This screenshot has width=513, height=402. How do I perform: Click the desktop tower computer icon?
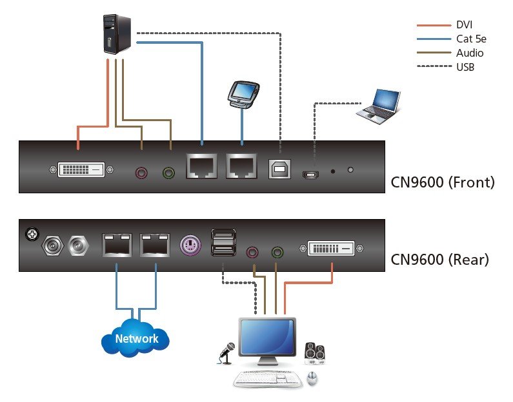tap(117, 35)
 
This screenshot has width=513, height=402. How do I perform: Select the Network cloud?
tap(136, 338)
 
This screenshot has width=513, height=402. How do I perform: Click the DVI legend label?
tap(465, 24)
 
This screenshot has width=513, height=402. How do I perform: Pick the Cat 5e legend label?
tap(470, 39)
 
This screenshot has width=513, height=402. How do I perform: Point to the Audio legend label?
tap(469, 53)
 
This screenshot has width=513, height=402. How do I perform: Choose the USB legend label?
tap(465, 67)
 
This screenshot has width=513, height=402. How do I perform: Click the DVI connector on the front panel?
tap(81, 170)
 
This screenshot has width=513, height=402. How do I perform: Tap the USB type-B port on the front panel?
tap(279, 169)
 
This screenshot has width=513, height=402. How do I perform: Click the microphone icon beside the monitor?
tap(226, 352)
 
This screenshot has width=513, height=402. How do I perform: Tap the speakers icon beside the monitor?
tap(314, 352)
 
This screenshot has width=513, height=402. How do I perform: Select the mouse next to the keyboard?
tap(312, 378)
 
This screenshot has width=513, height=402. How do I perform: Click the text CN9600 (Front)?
tap(443, 182)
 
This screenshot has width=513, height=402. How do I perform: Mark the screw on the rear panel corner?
tap(30, 233)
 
